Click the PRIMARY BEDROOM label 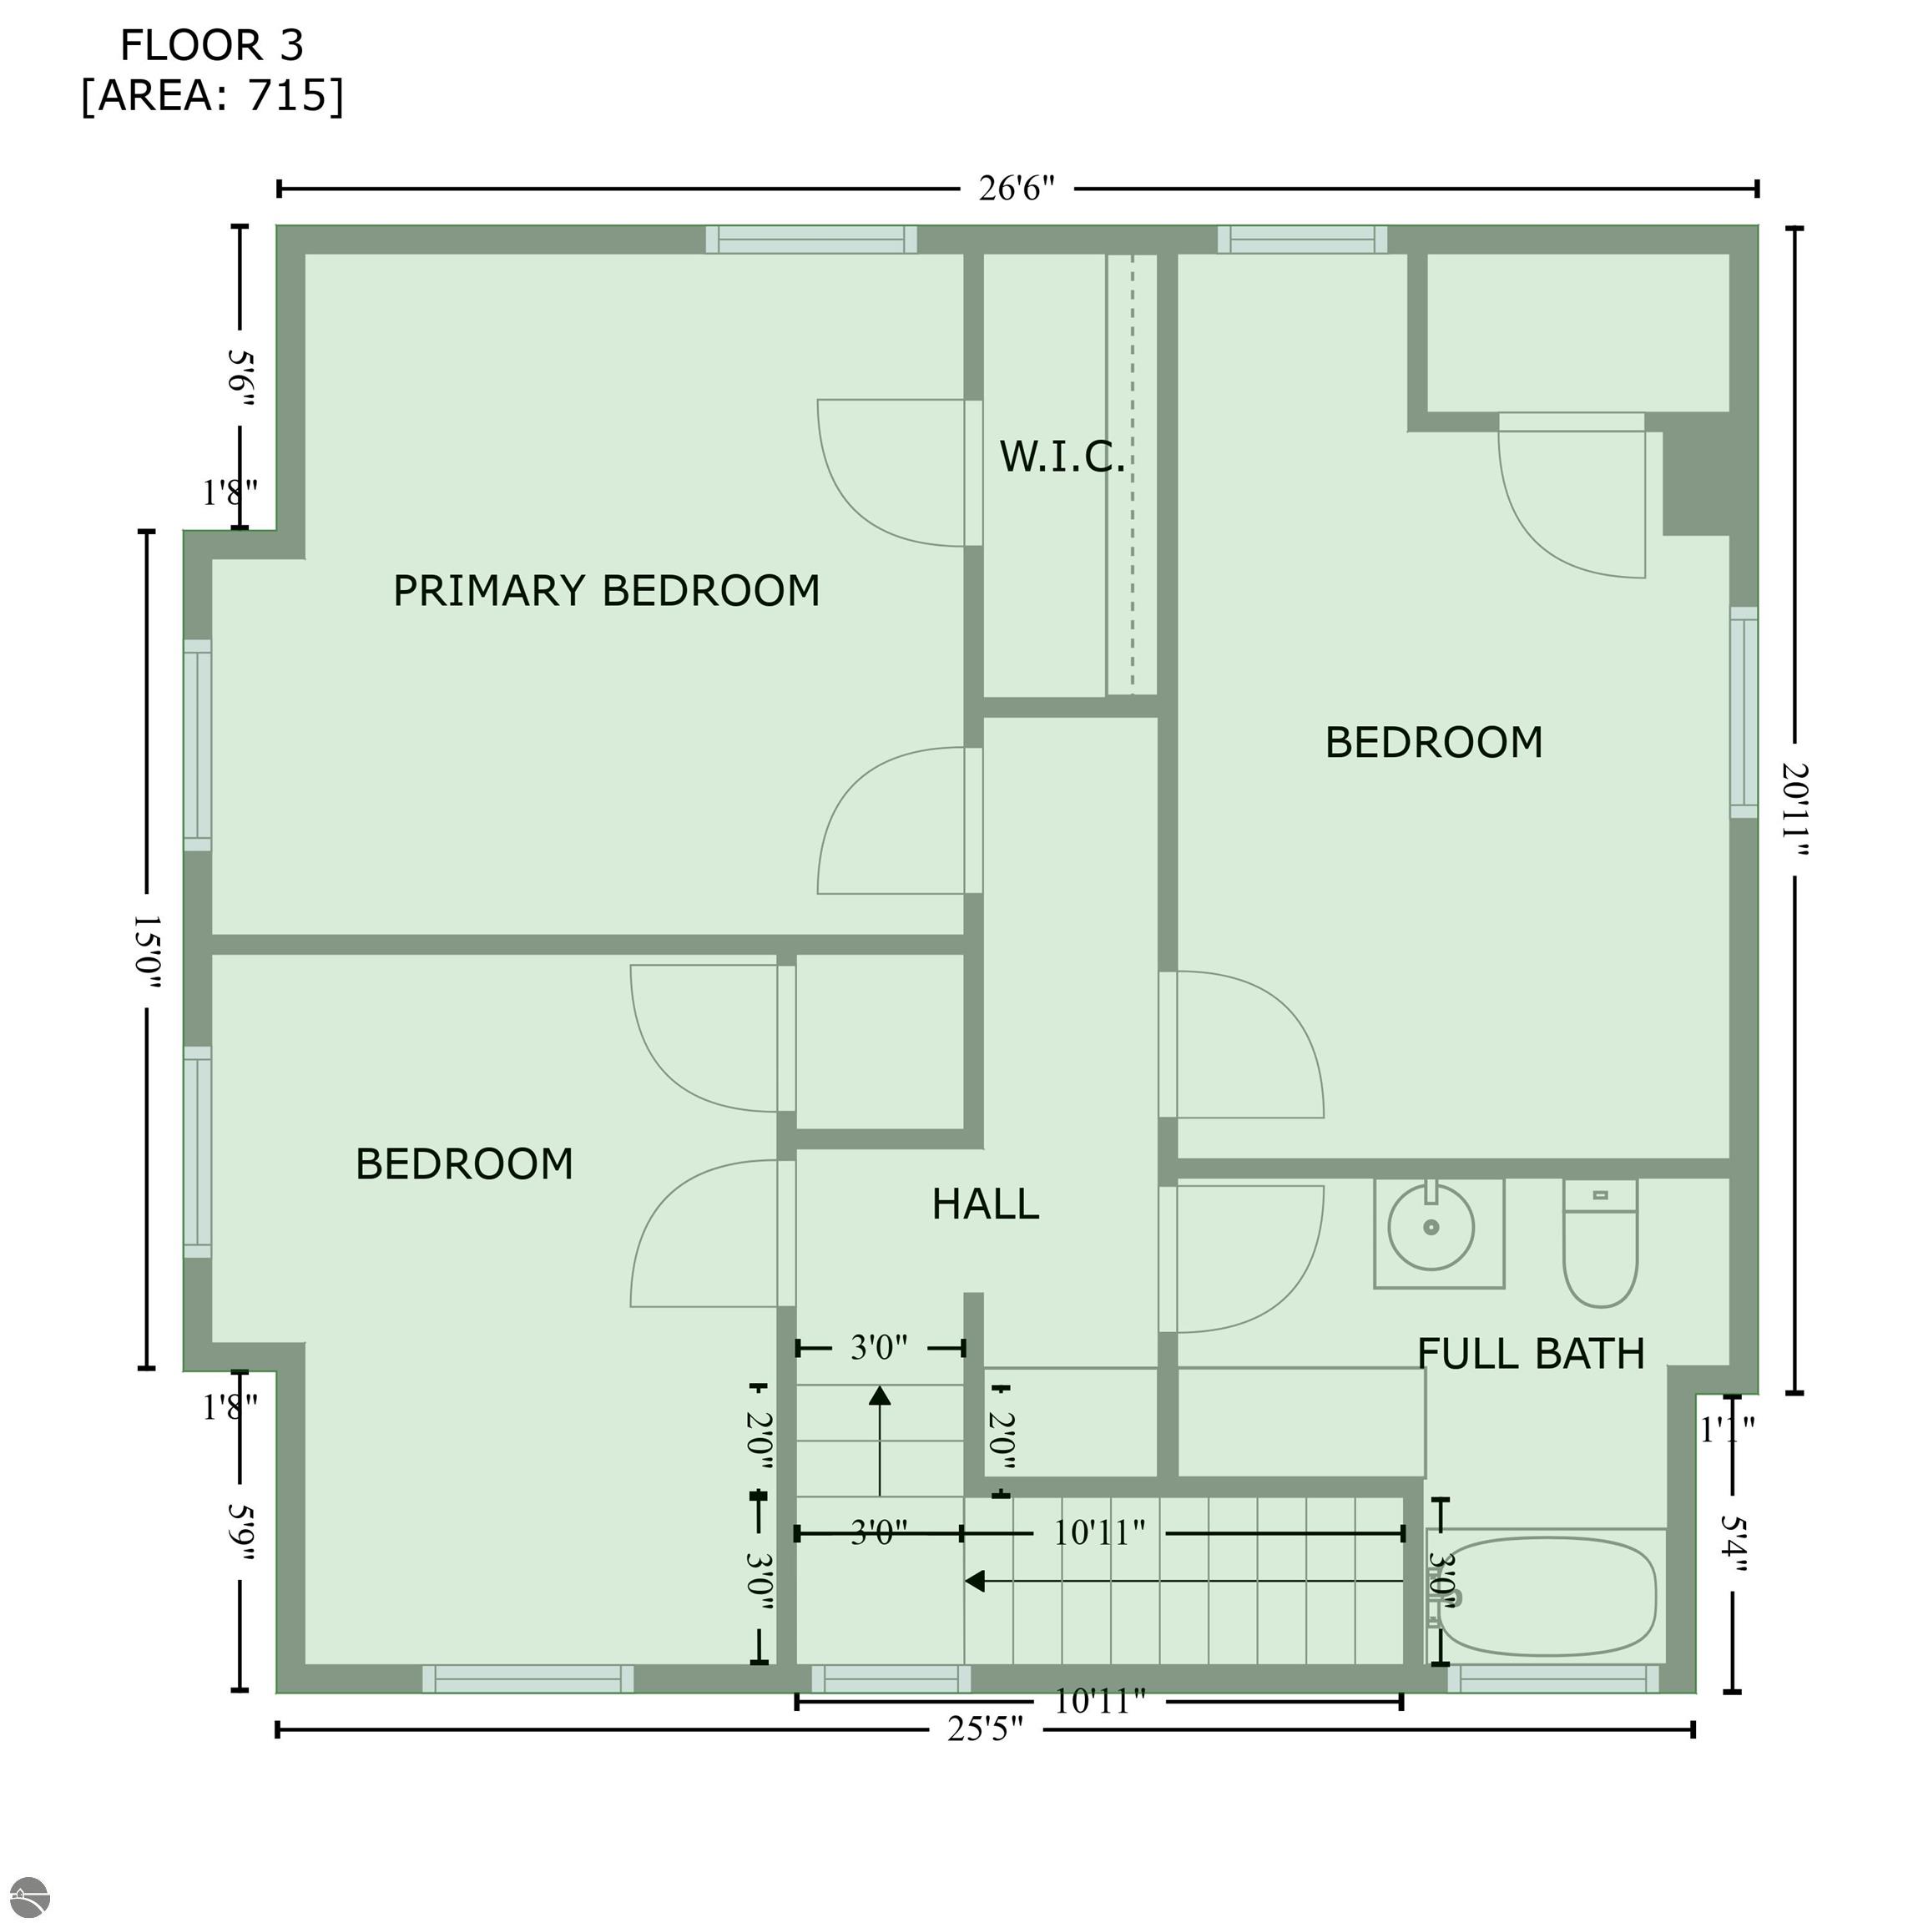click(606, 591)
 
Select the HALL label click(985, 1204)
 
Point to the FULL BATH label click(1531, 1354)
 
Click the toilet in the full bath click(1600, 1244)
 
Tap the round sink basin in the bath click(1431, 1228)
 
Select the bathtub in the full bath click(1547, 1597)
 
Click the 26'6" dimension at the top click(1016, 188)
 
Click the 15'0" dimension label click(147, 951)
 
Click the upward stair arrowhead click(879, 1396)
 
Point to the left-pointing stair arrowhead click(975, 1581)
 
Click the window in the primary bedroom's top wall click(811, 240)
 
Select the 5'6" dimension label click(240, 376)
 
